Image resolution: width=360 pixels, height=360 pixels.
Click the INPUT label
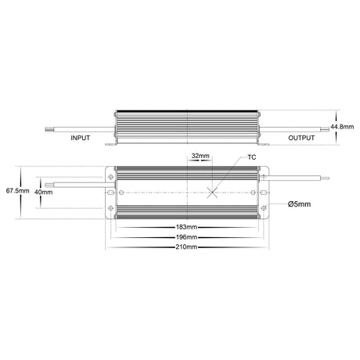coord(80,138)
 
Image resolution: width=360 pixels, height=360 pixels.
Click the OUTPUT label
coord(301,138)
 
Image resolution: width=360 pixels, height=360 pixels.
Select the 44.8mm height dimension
coord(342,127)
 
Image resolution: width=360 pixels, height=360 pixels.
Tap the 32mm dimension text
coord(200,156)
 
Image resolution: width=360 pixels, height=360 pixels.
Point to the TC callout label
coord(252,157)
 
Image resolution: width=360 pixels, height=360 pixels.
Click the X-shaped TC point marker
coord(212,193)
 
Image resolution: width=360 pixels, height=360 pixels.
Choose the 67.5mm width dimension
coord(17,191)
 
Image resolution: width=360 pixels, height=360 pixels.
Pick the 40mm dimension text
coord(43,192)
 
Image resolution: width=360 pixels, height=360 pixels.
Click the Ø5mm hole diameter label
coord(299,204)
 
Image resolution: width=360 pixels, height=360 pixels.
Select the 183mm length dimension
coord(186,227)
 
